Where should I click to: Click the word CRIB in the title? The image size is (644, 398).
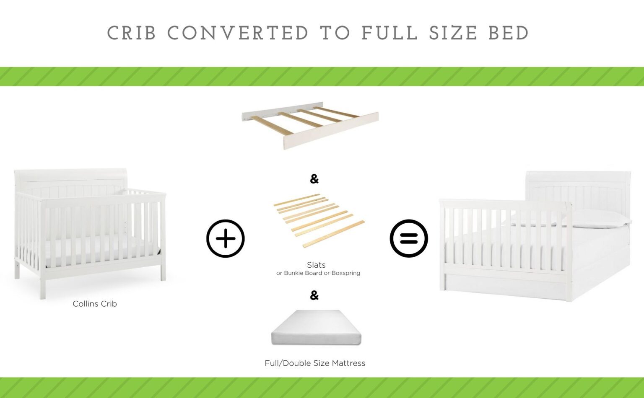(x=132, y=34)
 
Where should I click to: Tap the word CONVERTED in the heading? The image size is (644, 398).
(x=238, y=34)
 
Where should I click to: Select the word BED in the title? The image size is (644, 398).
(x=509, y=34)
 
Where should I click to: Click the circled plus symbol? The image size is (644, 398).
(x=226, y=238)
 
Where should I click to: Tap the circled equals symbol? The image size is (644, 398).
(x=409, y=238)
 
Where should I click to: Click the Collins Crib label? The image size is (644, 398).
(x=95, y=304)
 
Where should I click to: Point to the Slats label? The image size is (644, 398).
(x=316, y=265)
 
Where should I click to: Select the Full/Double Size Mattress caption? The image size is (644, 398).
(x=315, y=363)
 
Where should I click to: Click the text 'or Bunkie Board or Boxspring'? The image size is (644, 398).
(x=318, y=273)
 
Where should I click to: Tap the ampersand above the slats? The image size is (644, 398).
(x=314, y=179)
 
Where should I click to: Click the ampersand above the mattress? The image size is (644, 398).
(x=314, y=296)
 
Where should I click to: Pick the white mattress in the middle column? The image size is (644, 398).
(x=316, y=328)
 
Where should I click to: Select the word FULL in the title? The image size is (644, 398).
(x=390, y=34)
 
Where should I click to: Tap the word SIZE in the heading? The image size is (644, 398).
(x=453, y=34)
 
